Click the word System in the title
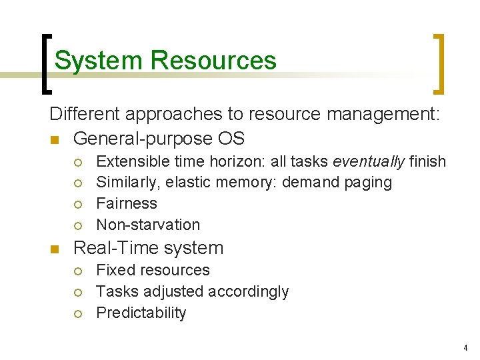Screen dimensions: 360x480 (x=99, y=61)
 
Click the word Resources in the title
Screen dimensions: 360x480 (x=213, y=61)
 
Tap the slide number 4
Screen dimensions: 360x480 (x=465, y=348)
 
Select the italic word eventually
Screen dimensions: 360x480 (x=369, y=161)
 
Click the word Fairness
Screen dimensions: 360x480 (x=127, y=203)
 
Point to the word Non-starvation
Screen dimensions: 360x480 (x=148, y=225)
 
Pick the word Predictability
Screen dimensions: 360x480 (x=141, y=313)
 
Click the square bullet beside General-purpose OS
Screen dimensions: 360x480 (x=54, y=140)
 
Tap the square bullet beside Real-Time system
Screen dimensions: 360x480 (x=54, y=249)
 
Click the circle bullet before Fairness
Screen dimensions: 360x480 (x=79, y=204)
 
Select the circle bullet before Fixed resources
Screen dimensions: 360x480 (x=79, y=271)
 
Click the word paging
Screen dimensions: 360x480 (x=368, y=183)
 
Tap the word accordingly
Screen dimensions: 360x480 (x=248, y=291)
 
